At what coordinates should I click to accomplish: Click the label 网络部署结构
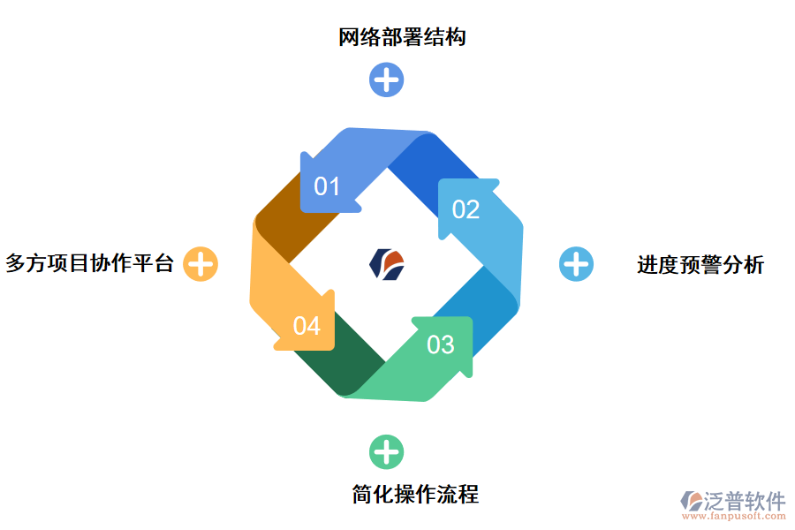click(x=402, y=38)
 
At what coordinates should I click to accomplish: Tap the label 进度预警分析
click(x=700, y=264)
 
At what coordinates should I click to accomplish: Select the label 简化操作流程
click(x=415, y=494)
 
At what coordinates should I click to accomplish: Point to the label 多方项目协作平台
click(x=89, y=263)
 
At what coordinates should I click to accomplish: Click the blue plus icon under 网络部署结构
click(x=386, y=79)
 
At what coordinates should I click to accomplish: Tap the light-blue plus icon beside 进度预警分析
click(x=576, y=263)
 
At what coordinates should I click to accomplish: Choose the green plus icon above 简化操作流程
click(x=386, y=452)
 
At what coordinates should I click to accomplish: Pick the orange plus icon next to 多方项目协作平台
click(x=201, y=263)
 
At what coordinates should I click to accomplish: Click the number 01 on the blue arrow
click(x=327, y=186)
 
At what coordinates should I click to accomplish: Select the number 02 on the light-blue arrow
click(x=466, y=209)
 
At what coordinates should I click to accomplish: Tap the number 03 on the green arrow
click(x=440, y=344)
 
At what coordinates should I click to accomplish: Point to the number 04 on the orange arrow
click(x=307, y=326)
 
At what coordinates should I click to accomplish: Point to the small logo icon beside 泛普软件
click(x=690, y=502)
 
